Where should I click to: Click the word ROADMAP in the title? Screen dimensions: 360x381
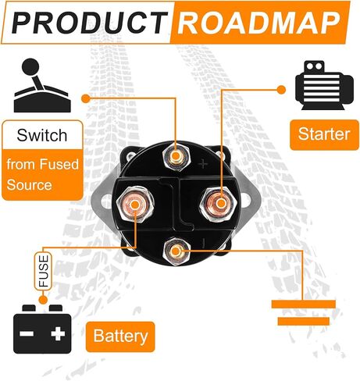(259, 23)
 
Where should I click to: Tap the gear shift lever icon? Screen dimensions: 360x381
(41, 85)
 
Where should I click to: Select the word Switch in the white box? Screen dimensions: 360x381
(42, 135)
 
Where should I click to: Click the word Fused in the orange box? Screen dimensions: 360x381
(59, 165)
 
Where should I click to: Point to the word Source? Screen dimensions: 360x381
(29, 185)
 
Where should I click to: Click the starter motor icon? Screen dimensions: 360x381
(325, 85)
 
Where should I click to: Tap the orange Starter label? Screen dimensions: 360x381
(324, 134)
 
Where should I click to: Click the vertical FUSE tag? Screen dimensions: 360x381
(43, 271)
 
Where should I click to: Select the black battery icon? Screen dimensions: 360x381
(42, 329)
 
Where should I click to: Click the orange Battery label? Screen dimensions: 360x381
(120, 336)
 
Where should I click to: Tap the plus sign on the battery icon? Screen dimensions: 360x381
(58, 333)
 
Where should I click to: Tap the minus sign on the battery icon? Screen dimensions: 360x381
(27, 333)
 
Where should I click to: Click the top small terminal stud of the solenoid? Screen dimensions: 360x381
(176, 157)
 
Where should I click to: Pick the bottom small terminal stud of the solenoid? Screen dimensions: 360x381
(176, 251)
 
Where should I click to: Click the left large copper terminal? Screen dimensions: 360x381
(134, 205)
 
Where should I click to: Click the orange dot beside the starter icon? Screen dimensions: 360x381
(281, 90)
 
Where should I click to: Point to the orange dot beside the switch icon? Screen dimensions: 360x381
(86, 98)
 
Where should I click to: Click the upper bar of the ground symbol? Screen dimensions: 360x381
(304, 304)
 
